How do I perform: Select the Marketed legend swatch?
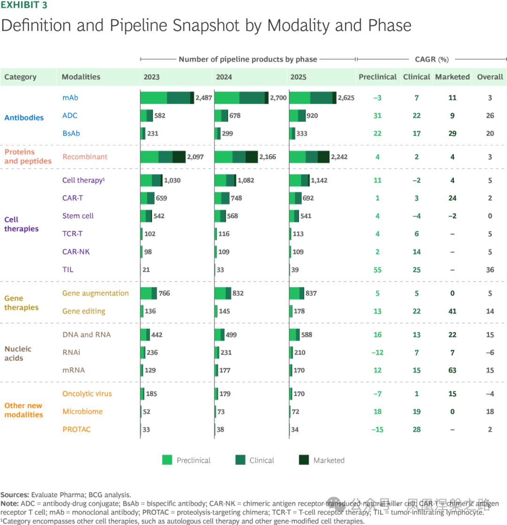[x=305, y=460]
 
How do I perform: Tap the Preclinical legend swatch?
[x=167, y=460]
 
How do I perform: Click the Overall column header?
[x=490, y=77]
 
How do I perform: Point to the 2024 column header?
[x=223, y=77]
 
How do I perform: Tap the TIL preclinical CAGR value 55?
[x=377, y=270]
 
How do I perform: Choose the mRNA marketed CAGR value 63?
[x=452, y=370]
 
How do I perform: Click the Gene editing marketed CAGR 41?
[x=452, y=311]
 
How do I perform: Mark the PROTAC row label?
[x=77, y=429]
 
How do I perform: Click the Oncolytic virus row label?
[x=87, y=394]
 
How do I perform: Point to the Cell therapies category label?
[x=22, y=224]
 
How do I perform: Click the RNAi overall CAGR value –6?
[x=490, y=352]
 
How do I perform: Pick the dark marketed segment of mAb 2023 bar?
[x=192, y=98]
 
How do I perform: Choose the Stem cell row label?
[x=78, y=216]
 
